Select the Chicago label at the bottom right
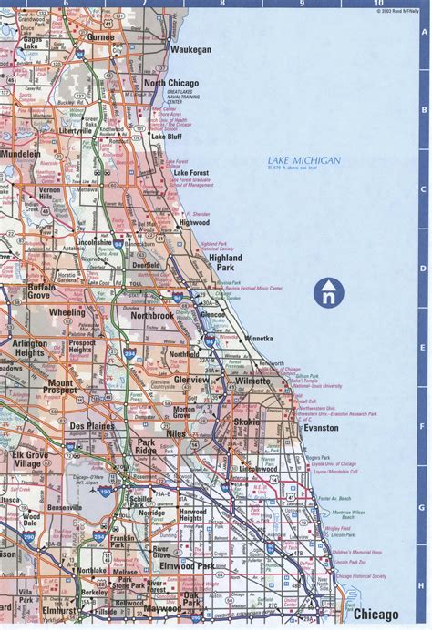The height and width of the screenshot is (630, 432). coord(377,615)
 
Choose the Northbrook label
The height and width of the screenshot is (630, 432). coord(151,316)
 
